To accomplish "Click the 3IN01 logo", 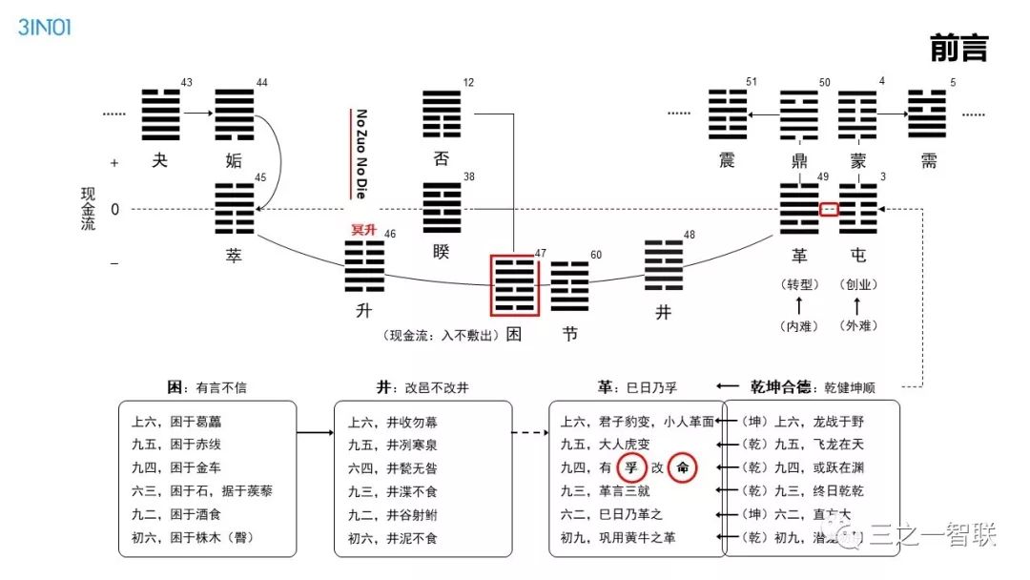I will pos(44,27).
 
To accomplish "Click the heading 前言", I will pos(958,49).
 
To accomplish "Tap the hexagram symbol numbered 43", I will pos(160,114).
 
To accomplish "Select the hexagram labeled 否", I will pos(442,115).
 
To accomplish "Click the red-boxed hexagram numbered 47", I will pos(515,284).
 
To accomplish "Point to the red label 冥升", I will pos(365,230).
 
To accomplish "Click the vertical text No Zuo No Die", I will pos(361,154).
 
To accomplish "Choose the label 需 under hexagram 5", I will pos(929,161).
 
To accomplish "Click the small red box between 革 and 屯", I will pos(830,209).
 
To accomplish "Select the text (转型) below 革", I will pos(799,284).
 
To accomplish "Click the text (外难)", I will pos(857,326).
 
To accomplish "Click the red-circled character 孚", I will pos(628,468).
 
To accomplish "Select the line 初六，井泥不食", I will pos(394,539).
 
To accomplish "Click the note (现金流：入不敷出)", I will pos(442,336).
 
